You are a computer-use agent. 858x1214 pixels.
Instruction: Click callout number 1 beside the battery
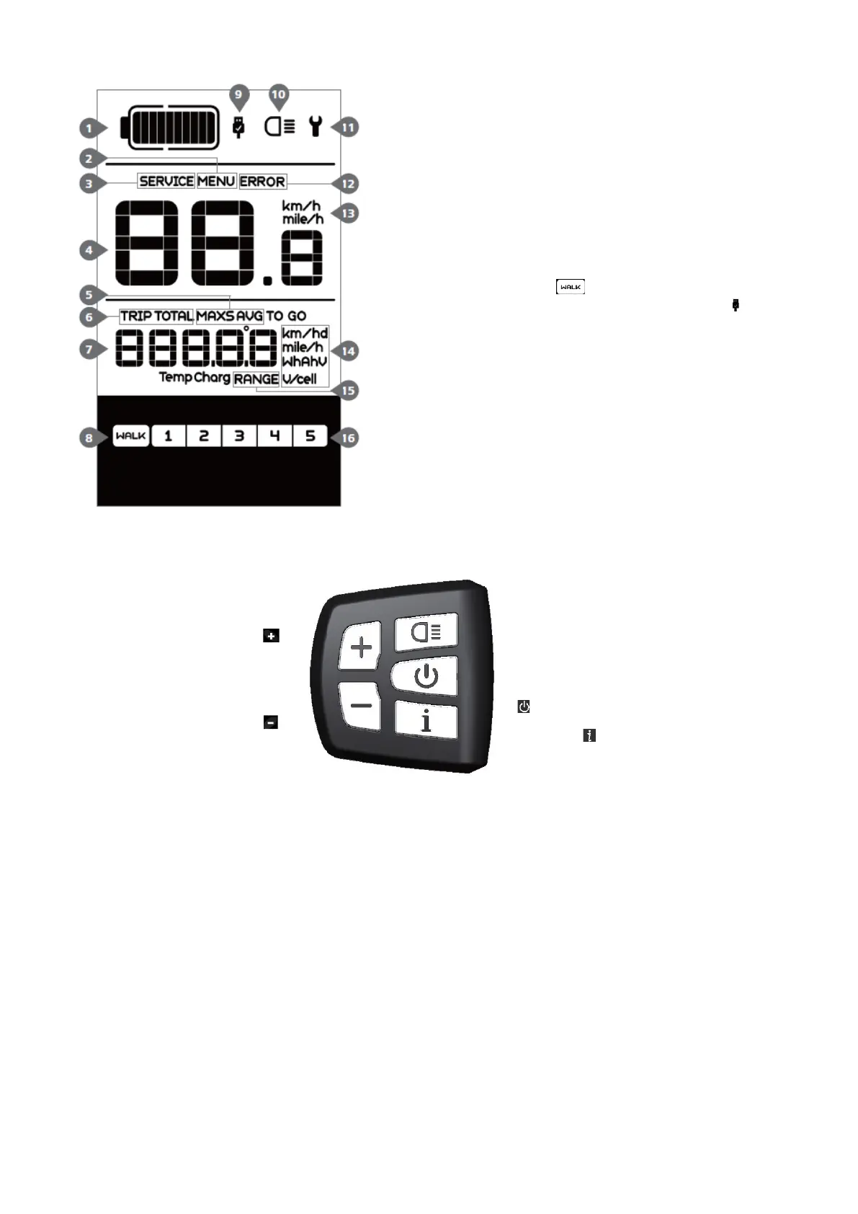(89, 128)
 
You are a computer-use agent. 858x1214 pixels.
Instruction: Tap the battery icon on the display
(171, 128)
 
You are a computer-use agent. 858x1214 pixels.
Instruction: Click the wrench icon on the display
(314, 127)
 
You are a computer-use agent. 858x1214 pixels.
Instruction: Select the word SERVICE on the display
(166, 181)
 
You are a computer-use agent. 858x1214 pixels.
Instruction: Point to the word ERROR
(262, 182)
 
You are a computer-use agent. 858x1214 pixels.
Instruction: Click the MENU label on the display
(216, 181)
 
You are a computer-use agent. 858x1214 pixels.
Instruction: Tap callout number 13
(348, 213)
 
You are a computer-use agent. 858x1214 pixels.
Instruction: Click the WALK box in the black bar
(131, 436)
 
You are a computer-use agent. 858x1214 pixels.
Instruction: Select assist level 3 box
(239, 436)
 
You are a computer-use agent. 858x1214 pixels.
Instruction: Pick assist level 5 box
(310, 436)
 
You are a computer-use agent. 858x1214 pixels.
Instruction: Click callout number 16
(348, 438)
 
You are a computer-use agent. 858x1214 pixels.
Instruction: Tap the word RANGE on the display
(256, 378)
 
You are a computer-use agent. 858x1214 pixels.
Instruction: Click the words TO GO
(286, 316)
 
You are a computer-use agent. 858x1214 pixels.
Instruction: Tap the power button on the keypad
(426, 676)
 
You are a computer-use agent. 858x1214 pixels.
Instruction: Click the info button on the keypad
(426, 719)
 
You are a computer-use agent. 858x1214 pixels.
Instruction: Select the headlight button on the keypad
(426, 633)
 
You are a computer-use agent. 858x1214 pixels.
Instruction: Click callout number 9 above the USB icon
(238, 95)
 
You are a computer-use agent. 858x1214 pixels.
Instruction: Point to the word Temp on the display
(175, 377)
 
